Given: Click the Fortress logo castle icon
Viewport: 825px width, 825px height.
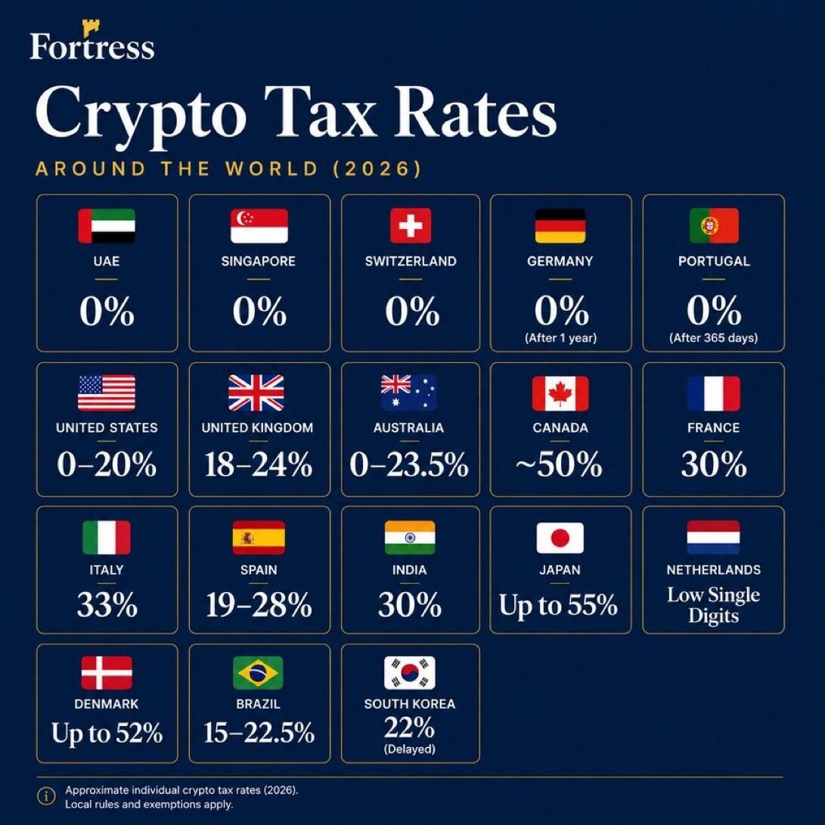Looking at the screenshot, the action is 91,27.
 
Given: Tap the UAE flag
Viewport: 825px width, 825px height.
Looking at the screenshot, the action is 107,225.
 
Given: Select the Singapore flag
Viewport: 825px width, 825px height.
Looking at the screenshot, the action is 259,225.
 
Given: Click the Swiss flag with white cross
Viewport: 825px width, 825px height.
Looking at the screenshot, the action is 411,225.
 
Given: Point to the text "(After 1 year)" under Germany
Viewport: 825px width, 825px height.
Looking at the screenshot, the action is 561,338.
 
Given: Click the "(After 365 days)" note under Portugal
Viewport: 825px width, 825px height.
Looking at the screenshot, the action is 713,338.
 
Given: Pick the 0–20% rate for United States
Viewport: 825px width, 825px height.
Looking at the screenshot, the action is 107,464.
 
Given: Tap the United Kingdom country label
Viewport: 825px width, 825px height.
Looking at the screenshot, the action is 257,428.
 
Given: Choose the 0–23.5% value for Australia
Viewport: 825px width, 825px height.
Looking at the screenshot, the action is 409,464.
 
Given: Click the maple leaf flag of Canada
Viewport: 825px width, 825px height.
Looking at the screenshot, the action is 560,393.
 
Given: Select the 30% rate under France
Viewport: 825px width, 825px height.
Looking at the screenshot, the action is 714,464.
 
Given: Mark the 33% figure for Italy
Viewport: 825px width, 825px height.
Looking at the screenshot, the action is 107,604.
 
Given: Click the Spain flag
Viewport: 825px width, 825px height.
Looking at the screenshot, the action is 259,538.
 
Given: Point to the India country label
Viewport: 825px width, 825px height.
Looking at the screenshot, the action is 409,570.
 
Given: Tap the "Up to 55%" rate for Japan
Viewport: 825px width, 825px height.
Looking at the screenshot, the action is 558,605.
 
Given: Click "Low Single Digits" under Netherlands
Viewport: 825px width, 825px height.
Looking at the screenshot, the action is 713,605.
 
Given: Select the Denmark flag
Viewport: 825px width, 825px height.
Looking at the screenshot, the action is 107,672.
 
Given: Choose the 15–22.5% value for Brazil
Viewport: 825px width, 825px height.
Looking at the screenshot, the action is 259,733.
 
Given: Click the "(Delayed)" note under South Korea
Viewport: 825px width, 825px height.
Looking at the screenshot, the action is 410,749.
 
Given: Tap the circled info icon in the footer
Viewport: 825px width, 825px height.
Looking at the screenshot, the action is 46,796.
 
